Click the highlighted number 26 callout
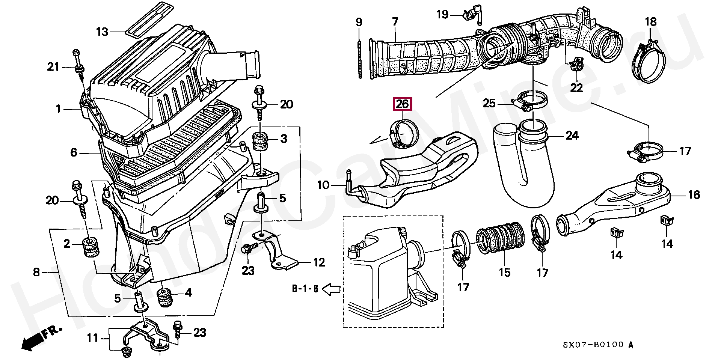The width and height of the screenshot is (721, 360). (x=402, y=104)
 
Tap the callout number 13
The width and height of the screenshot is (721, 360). (x=102, y=32)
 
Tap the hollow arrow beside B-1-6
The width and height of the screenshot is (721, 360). (x=332, y=289)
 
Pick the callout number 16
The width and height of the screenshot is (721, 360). (x=694, y=194)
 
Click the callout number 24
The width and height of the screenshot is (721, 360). (x=572, y=136)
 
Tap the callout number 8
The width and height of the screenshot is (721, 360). (x=36, y=272)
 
